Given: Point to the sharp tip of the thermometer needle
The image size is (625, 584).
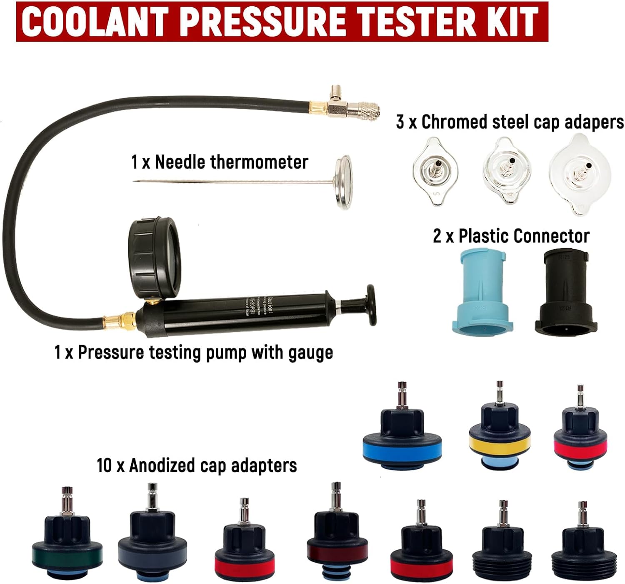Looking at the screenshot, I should [x=134, y=181].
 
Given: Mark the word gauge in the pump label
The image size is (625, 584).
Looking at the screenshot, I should [x=311, y=353].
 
